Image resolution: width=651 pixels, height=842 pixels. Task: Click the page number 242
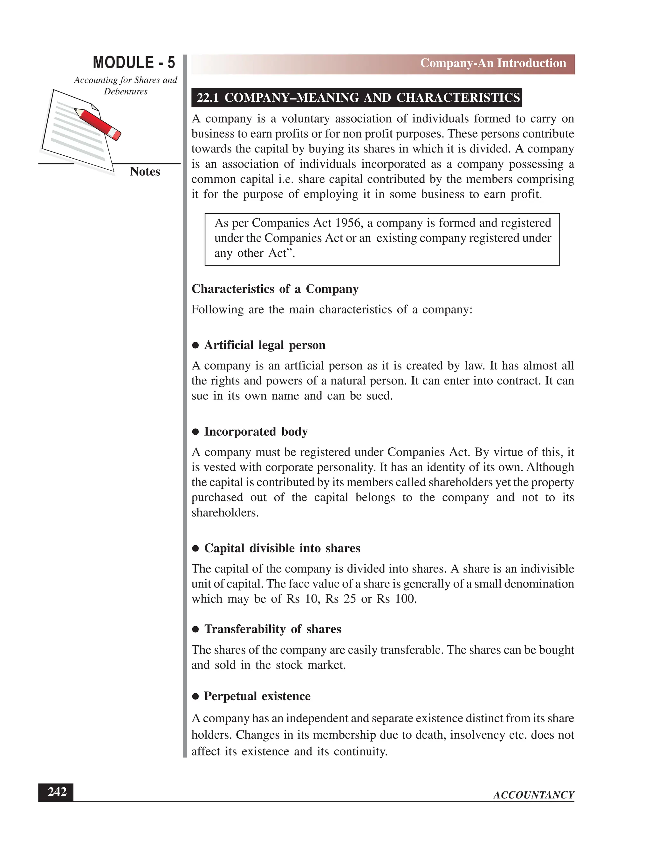(57, 792)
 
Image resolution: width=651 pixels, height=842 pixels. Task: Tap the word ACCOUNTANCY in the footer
(533, 795)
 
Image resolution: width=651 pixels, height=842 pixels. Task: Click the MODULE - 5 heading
(134, 63)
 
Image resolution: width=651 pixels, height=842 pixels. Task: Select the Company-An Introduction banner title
(493, 63)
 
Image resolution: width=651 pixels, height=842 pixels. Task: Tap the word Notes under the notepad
(145, 172)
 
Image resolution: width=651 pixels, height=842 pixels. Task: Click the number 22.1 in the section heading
(208, 98)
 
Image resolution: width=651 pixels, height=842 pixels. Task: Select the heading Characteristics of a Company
(275, 289)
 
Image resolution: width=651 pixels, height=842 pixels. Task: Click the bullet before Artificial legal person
(195, 345)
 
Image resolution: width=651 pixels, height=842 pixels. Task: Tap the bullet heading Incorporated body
(256, 431)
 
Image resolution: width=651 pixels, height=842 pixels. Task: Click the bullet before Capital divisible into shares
(195, 548)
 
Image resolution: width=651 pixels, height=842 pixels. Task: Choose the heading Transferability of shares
(272, 629)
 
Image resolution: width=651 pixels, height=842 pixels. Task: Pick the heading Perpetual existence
(257, 696)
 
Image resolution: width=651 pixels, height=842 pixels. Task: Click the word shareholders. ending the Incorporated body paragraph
(225, 513)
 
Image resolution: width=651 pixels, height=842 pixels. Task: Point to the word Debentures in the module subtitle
(126, 92)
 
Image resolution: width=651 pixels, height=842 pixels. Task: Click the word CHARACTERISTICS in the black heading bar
(458, 98)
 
